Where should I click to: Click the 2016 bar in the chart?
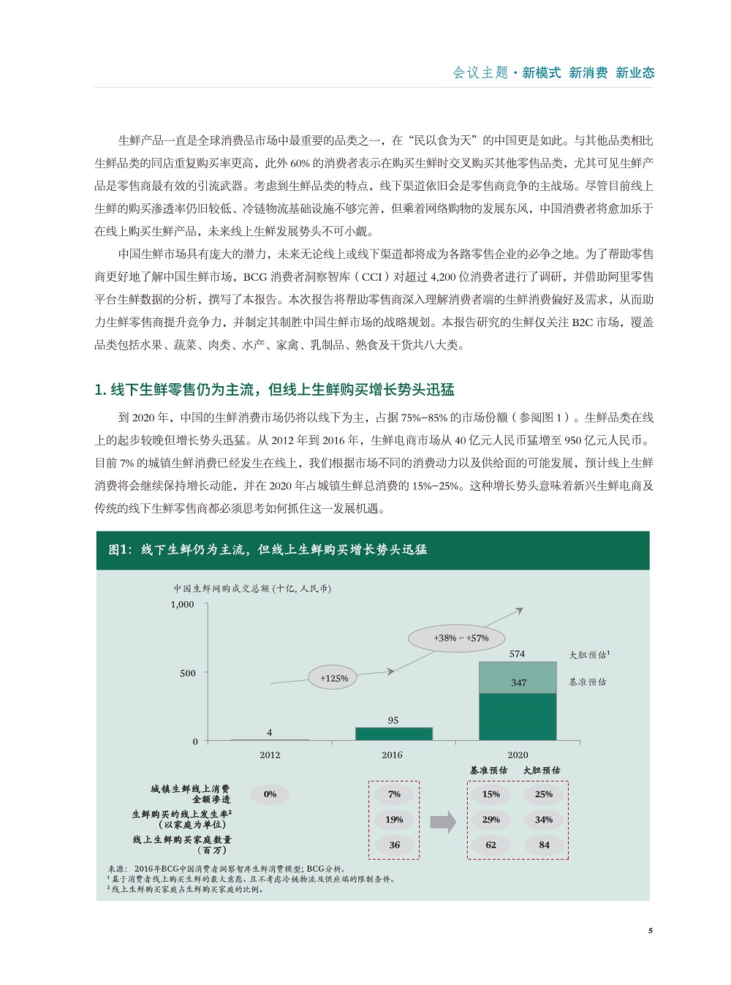point(393,733)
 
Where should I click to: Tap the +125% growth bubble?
point(334,678)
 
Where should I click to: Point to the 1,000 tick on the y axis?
point(182,605)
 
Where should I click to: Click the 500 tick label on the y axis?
point(188,673)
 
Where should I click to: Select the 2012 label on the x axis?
point(270,755)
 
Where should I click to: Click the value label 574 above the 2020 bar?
point(517,654)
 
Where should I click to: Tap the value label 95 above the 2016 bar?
point(393,720)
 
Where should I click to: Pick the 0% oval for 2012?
point(270,794)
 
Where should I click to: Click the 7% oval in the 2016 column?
point(394,794)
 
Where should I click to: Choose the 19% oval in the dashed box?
point(394,820)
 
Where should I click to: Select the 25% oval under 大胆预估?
point(543,794)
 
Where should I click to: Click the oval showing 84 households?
point(544,845)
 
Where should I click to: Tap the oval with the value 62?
point(491,845)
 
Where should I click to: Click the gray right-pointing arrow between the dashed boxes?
point(443,822)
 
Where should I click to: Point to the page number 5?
point(650,930)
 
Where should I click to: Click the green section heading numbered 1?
point(274,390)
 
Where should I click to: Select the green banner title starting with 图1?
point(268,550)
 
